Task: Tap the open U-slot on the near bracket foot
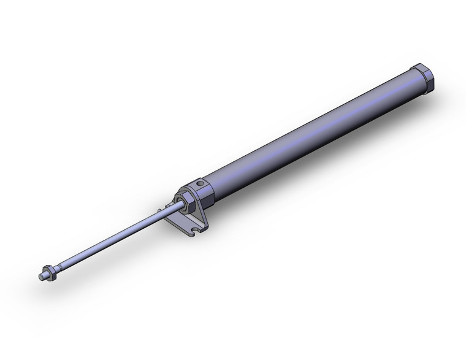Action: click(194, 231)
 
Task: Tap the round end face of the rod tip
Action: click(40, 277)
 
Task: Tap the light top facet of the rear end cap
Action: click(422, 68)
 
